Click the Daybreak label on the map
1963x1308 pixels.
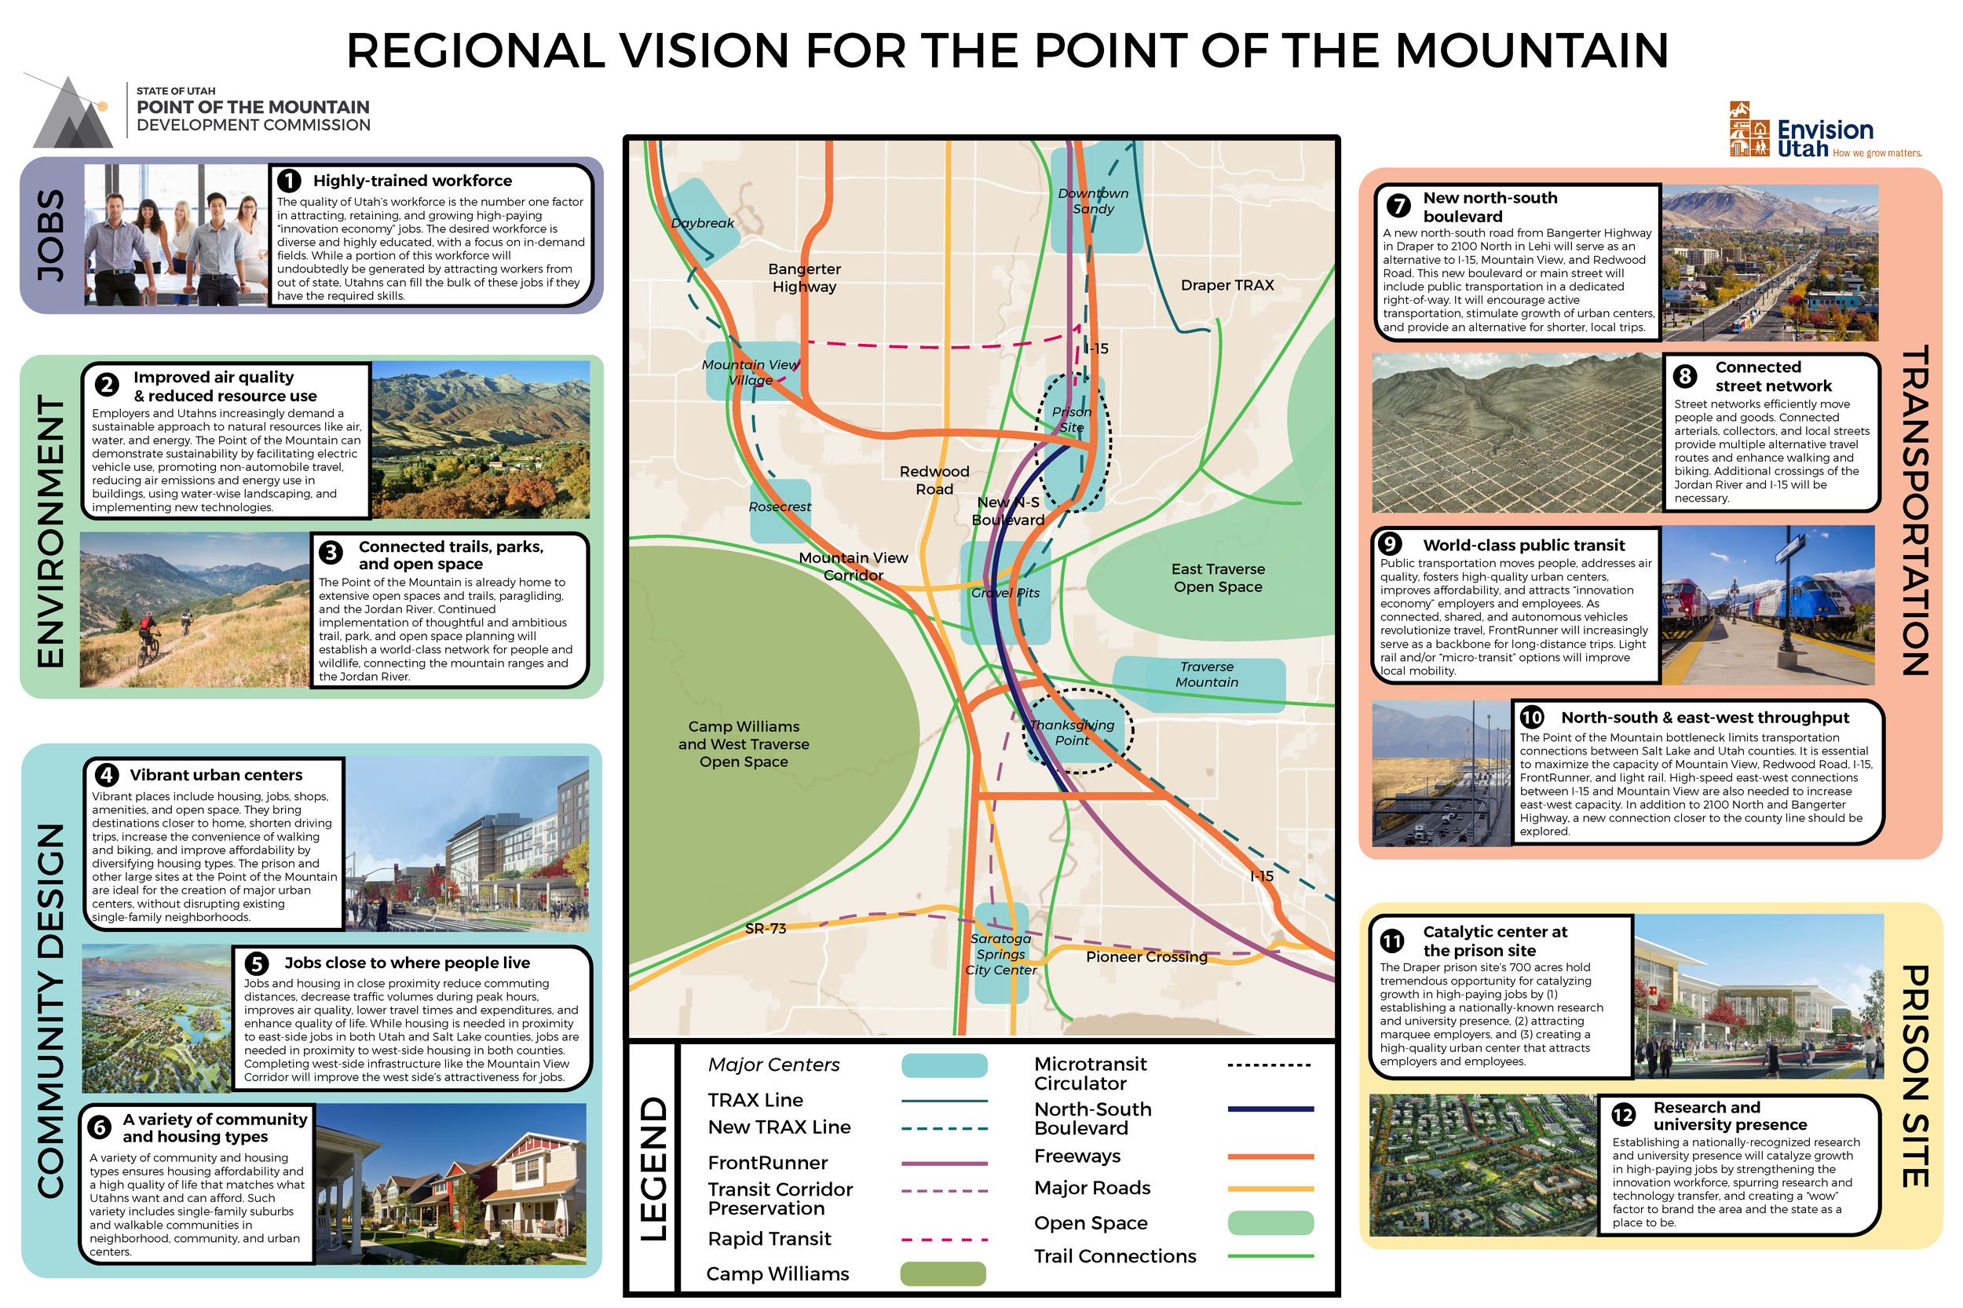pyautogui.click(x=702, y=223)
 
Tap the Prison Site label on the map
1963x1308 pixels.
pyautogui.click(x=1071, y=419)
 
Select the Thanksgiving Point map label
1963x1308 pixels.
pyautogui.click(x=1072, y=733)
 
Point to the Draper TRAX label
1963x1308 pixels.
pyautogui.click(x=1226, y=285)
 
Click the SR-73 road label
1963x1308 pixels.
pyautogui.click(x=765, y=929)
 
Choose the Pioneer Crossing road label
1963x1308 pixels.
pyautogui.click(x=1146, y=957)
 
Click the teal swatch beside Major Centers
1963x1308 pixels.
pyautogui.click(x=944, y=1065)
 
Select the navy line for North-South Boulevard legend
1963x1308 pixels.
pyautogui.click(x=1270, y=1109)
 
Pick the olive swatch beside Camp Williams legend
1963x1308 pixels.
pyautogui.click(x=943, y=1273)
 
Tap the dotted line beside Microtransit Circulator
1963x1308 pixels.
pyautogui.click(x=1269, y=1065)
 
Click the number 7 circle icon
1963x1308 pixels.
pyautogui.click(x=1398, y=204)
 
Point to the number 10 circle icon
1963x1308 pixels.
pyautogui.click(x=1531, y=718)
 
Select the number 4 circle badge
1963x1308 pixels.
pyautogui.click(x=106, y=775)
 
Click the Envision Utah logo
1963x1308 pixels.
pyautogui.click(x=1823, y=131)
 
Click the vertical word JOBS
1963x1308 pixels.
pyautogui.click(x=51, y=236)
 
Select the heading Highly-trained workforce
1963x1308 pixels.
pyautogui.click(x=412, y=181)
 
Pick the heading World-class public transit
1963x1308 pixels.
pyautogui.click(x=1523, y=545)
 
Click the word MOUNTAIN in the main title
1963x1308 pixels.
pyautogui.click(x=1531, y=51)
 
